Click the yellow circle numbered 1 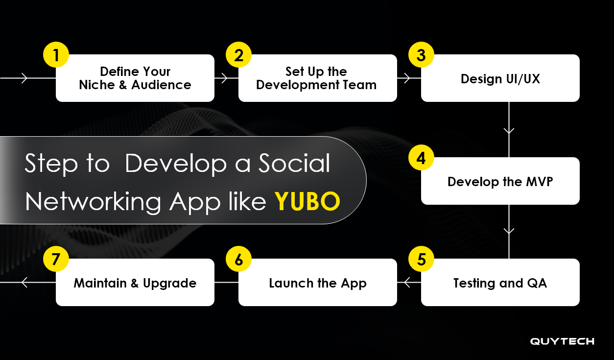point(56,55)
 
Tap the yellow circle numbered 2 point(238,55)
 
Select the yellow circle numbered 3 point(421,55)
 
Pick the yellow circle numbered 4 point(421,158)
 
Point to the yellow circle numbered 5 point(421,259)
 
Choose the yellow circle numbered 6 point(238,259)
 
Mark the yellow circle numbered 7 point(56,259)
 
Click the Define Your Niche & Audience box point(135,78)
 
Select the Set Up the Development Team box point(317,78)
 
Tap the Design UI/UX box point(500,78)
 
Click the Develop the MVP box point(500,181)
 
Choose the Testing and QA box point(500,283)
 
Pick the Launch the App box point(317,283)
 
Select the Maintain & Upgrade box point(135,283)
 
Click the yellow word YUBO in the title point(307,201)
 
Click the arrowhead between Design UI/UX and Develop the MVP point(509,131)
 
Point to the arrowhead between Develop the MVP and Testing point(509,230)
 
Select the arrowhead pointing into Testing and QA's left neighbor point(407,282)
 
